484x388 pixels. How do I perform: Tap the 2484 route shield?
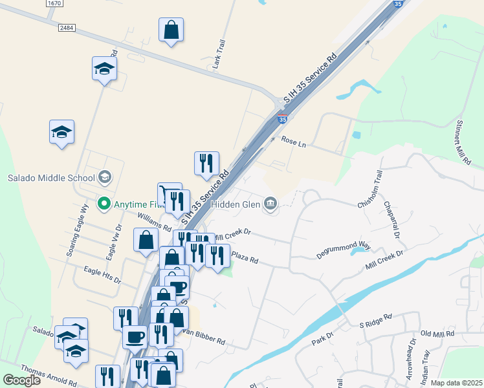[66, 28]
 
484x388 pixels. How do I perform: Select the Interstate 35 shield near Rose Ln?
[282, 119]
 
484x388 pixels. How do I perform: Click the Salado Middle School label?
[51, 177]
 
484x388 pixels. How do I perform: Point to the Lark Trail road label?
[219, 49]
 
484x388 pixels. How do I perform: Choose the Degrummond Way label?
[343, 250]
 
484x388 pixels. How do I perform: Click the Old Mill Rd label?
[437, 334]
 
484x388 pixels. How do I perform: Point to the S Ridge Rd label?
[376, 319]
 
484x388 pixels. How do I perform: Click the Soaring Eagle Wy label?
[76, 230]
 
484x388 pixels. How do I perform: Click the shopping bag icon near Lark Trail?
[171, 30]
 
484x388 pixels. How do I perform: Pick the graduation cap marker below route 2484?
[104, 69]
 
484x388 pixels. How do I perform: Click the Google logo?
[21, 380]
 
